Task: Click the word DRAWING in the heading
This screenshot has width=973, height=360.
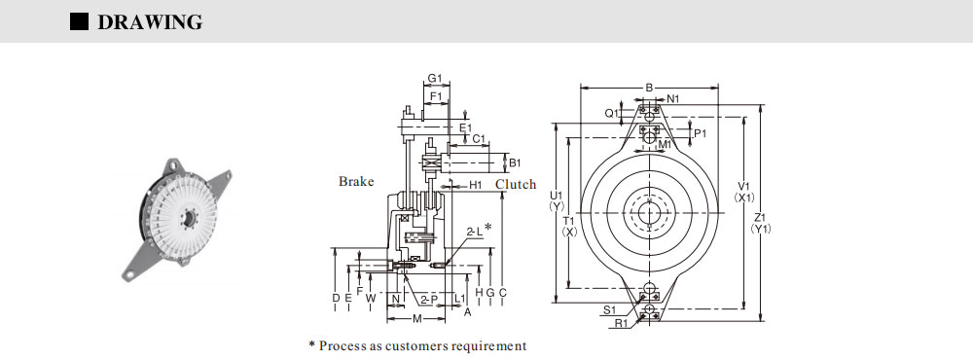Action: (150, 22)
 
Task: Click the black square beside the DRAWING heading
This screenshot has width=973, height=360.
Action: (80, 21)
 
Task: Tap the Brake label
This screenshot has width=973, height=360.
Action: (356, 181)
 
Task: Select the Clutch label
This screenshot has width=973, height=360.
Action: (516, 184)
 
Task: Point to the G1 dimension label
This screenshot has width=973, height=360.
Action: (434, 79)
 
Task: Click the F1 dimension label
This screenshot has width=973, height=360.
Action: (437, 97)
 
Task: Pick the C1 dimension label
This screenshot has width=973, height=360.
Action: (478, 139)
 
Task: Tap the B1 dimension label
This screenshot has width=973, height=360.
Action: (515, 163)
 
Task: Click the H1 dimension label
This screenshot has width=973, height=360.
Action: (476, 185)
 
